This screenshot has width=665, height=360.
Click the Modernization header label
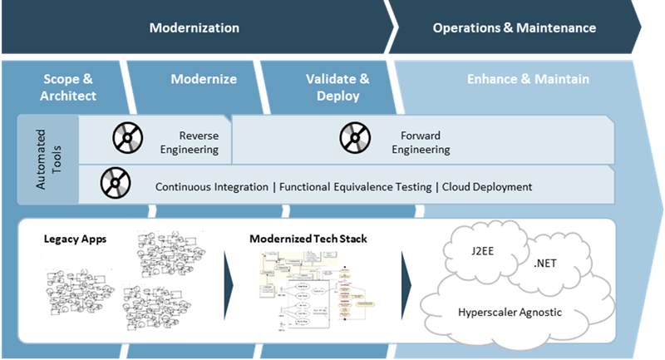194,28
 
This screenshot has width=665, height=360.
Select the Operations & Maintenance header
514,28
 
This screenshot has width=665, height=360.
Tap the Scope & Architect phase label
70,87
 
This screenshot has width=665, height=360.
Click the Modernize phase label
204,80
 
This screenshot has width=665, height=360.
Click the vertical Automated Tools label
47,160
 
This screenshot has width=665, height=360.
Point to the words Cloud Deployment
486,187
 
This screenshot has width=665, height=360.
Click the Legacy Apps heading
72,239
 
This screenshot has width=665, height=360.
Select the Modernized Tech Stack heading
308,239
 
